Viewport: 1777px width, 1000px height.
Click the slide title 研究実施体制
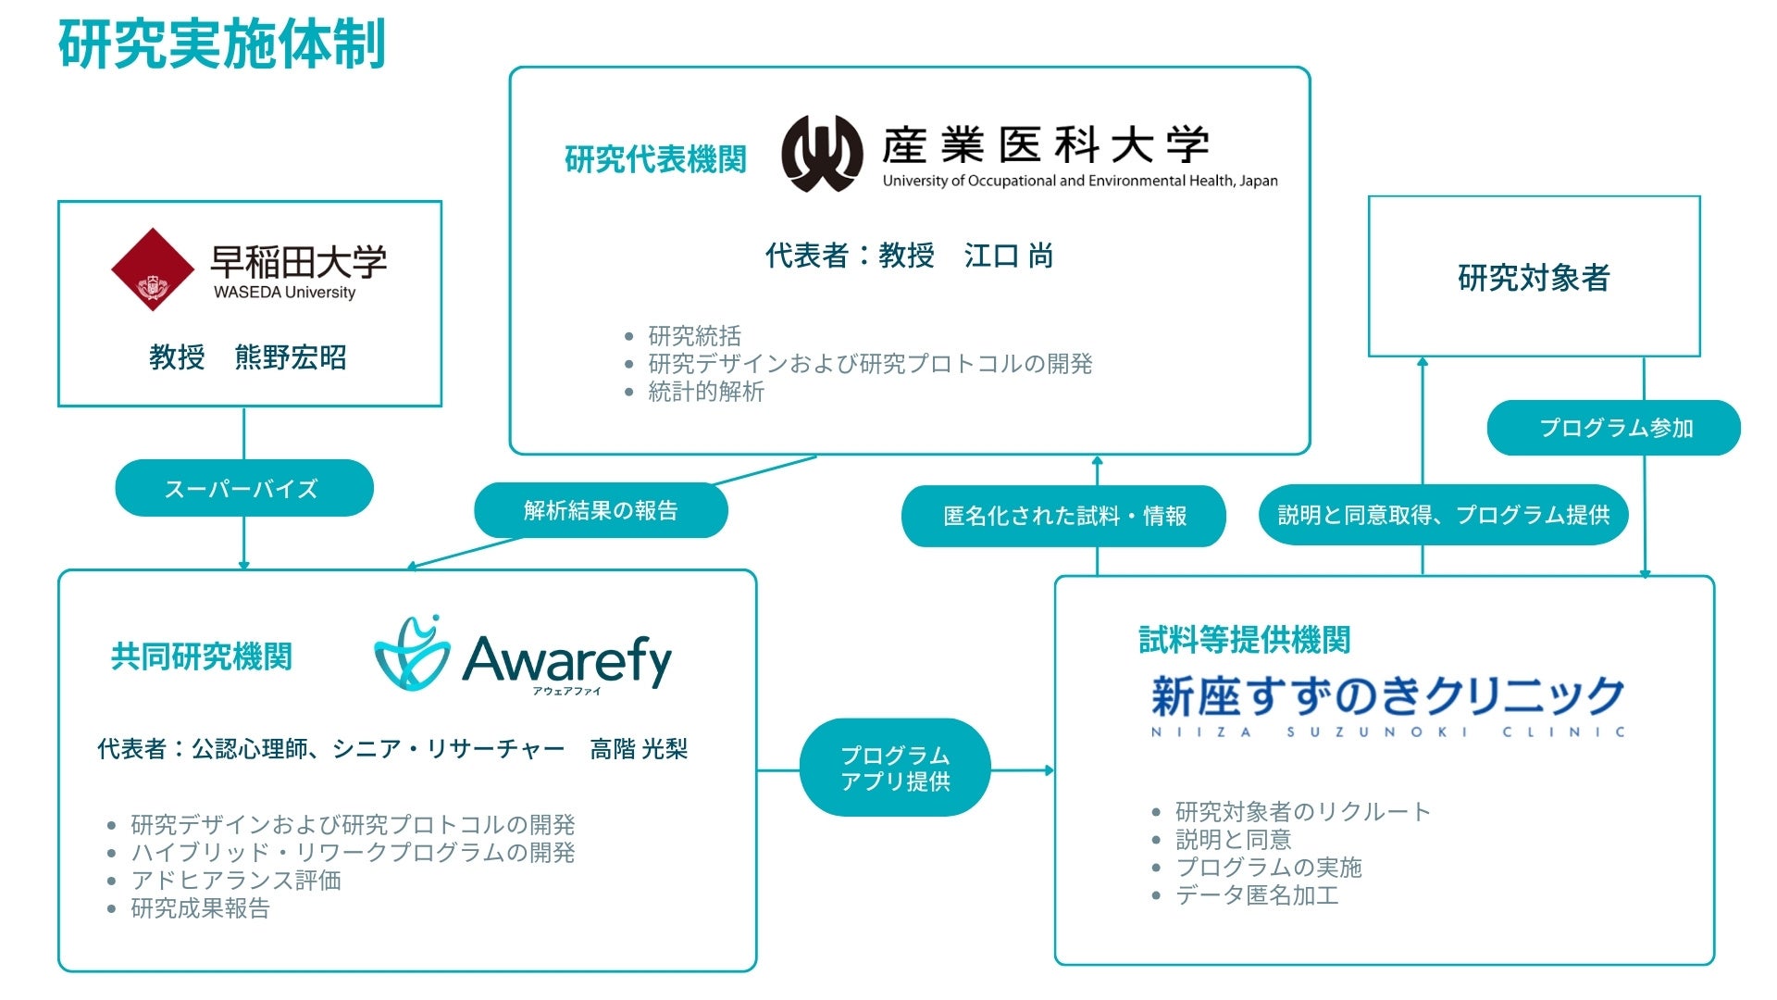click(222, 44)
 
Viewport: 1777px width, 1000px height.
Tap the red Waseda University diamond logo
click(152, 269)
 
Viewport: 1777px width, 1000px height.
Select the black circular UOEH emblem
click(822, 153)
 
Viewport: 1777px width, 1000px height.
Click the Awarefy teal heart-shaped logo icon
click(412, 655)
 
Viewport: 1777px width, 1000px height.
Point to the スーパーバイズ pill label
click(243, 488)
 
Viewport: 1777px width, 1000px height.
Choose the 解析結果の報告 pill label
click(601, 510)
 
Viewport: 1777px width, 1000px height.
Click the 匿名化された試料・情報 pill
click(1063, 516)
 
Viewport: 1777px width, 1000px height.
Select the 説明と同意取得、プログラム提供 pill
click(1443, 515)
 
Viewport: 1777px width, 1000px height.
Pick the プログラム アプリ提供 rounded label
click(895, 768)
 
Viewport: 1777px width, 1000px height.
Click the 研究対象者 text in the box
click(1534, 277)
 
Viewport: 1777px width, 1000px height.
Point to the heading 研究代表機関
click(655, 159)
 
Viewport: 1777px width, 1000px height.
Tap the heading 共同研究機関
click(201, 656)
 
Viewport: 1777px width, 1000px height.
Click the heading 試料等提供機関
click(1243, 639)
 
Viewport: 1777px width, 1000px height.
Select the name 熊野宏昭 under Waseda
click(291, 357)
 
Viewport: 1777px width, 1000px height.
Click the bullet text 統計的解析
click(706, 392)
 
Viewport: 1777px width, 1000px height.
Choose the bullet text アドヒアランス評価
click(236, 881)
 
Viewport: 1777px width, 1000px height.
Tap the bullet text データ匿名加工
click(1257, 895)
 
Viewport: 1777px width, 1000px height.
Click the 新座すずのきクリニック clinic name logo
click(1387, 704)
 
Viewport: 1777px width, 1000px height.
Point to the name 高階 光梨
click(639, 749)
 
